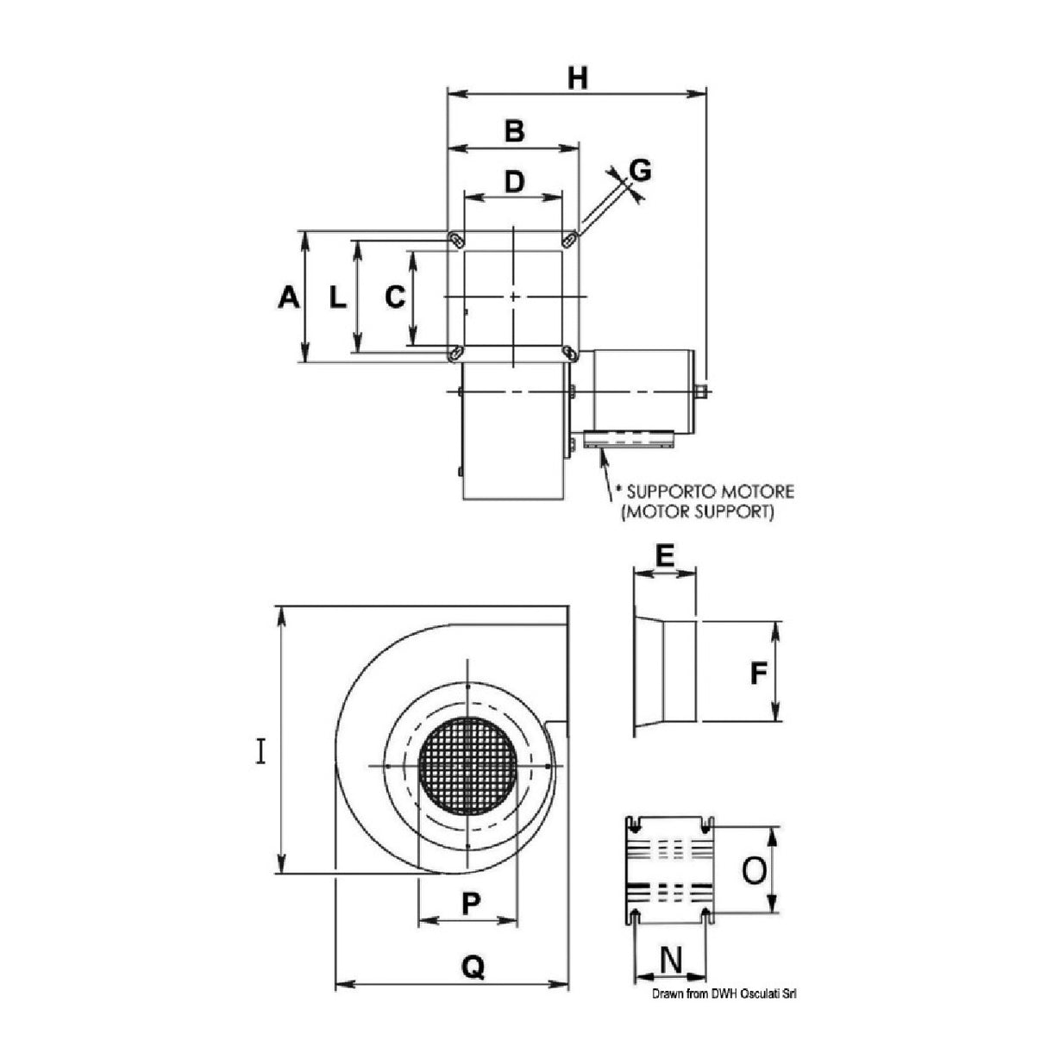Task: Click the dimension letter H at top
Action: point(577,78)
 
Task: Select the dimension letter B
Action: point(514,131)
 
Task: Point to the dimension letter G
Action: point(640,171)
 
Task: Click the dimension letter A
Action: point(289,298)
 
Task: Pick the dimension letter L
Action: point(337,298)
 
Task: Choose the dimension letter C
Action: point(394,298)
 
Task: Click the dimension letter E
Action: point(664,556)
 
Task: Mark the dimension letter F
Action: point(758,672)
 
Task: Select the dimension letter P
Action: point(470,904)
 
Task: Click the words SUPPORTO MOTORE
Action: point(709,492)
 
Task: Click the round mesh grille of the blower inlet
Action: point(467,764)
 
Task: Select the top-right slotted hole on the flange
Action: point(570,238)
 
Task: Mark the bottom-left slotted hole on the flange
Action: point(455,353)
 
